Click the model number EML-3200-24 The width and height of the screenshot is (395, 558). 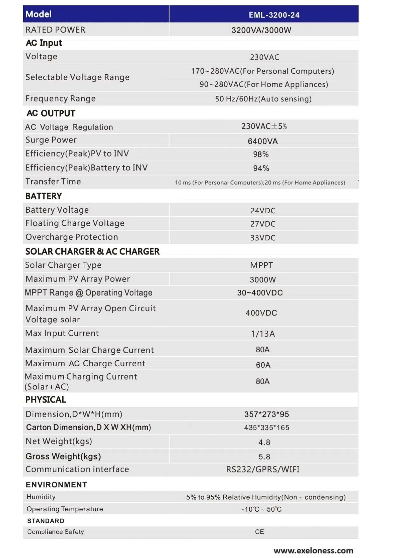pos(274,15)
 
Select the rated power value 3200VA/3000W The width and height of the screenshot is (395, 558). pos(261,30)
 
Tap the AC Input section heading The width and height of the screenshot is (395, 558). pos(44,43)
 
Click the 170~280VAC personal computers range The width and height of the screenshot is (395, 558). pos(262,71)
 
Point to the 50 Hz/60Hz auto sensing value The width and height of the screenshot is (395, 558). pos(263,99)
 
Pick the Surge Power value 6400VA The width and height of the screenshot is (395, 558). pos(263,141)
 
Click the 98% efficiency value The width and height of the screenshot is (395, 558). pos(261,154)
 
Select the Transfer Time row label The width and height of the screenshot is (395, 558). pos(53,182)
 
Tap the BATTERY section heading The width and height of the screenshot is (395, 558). pos(44,196)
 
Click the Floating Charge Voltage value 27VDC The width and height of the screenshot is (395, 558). pos(263,224)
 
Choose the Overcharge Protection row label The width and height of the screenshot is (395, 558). pos(72,237)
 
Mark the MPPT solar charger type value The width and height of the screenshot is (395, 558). pos(261,265)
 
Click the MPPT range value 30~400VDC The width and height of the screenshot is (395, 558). pos(260,293)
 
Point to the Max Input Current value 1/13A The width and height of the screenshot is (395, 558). pos(263,334)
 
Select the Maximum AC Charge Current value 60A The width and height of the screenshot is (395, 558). pos(263,365)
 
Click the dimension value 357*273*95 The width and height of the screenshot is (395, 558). pos(267,414)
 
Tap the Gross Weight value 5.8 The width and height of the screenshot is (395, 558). pos(264,457)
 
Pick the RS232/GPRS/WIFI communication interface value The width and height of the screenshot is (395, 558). pos(263,470)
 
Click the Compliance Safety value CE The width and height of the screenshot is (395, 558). pos(260,532)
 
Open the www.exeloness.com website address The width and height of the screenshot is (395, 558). pos(313,550)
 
